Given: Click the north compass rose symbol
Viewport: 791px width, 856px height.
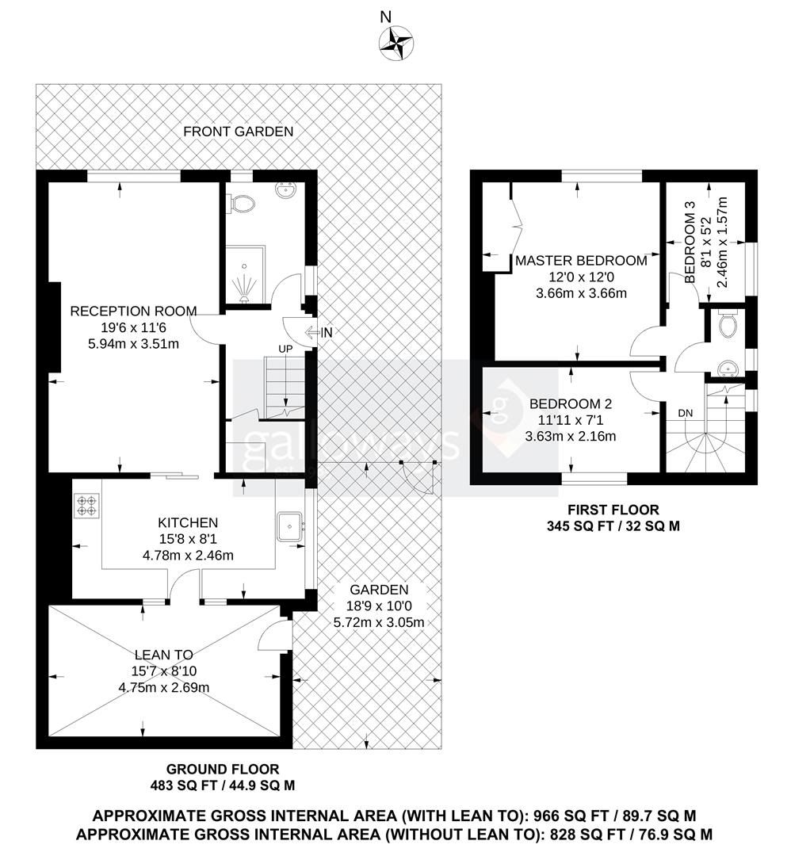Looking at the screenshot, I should point(394,43).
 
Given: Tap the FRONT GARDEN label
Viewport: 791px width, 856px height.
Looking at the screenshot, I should point(238,132).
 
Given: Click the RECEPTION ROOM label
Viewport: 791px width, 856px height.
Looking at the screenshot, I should point(133,311).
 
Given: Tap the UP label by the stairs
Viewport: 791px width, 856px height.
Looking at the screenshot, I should point(285,349).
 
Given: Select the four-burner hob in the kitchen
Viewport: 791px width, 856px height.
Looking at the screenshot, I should point(86,505).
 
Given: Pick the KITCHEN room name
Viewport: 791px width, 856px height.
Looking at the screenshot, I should point(188,523).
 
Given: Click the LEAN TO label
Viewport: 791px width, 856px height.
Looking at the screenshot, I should point(163,655).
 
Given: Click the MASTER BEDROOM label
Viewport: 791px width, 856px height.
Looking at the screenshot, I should point(581,260).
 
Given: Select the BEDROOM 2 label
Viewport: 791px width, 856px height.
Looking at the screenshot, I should point(571,403).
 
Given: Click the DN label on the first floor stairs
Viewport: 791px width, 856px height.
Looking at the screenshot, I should point(686,414).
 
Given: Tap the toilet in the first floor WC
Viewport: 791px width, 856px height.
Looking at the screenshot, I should point(728,324).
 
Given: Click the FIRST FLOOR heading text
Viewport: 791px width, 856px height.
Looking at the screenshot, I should point(613,510).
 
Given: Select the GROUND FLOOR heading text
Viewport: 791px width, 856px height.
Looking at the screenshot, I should point(222,769).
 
